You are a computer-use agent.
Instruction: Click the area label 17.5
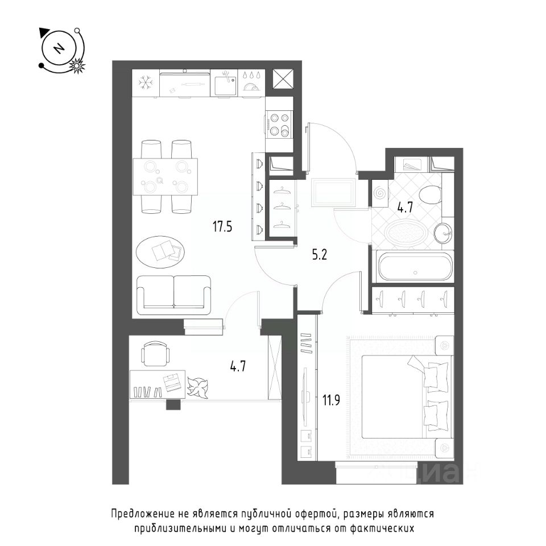click(x=222, y=227)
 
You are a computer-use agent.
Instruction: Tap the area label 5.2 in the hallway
click(x=319, y=255)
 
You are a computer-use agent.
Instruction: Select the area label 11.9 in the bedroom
click(x=331, y=400)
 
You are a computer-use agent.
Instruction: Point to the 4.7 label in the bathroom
click(x=406, y=208)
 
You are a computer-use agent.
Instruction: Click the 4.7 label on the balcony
click(x=238, y=366)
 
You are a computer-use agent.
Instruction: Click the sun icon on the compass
click(x=77, y=65)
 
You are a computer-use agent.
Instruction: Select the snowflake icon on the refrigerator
click(x=145, y=82)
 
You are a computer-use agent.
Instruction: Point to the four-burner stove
click(x=279, y=125)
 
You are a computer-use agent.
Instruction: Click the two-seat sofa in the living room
click(x=174, y=295)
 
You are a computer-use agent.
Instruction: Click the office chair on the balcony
click(x=155, y=353)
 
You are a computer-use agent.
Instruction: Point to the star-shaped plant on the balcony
click(x=197, y=388)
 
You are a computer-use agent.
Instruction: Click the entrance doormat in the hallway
click(x=334, y=192)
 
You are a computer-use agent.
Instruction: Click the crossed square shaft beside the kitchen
click(x=283, y=79)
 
